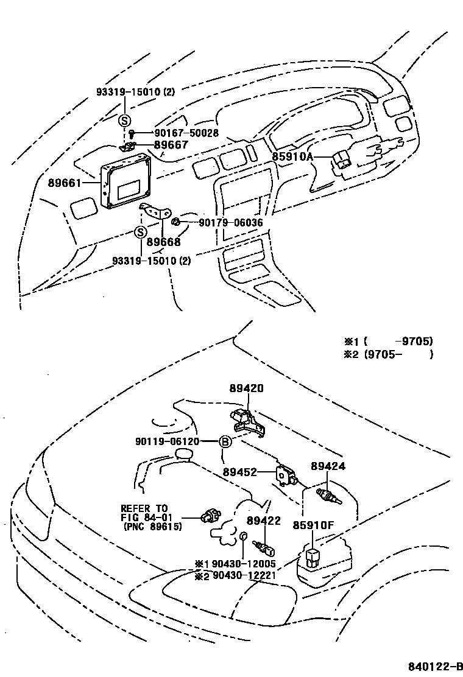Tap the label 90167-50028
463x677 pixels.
(177, 133)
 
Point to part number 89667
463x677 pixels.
(171, 145)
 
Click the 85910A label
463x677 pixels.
(292, 156)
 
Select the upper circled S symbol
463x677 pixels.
(124, 120)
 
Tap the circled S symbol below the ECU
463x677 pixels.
(141, 232)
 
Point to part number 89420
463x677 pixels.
(247, 388)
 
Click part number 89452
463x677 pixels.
(239, 472)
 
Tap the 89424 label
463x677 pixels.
(328, 466)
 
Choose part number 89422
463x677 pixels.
(263, 521)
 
